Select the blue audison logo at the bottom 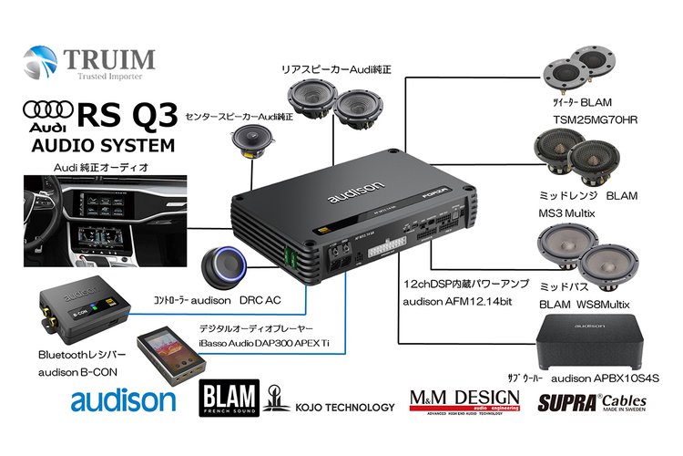pyautogui.click(x=123, y=400)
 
